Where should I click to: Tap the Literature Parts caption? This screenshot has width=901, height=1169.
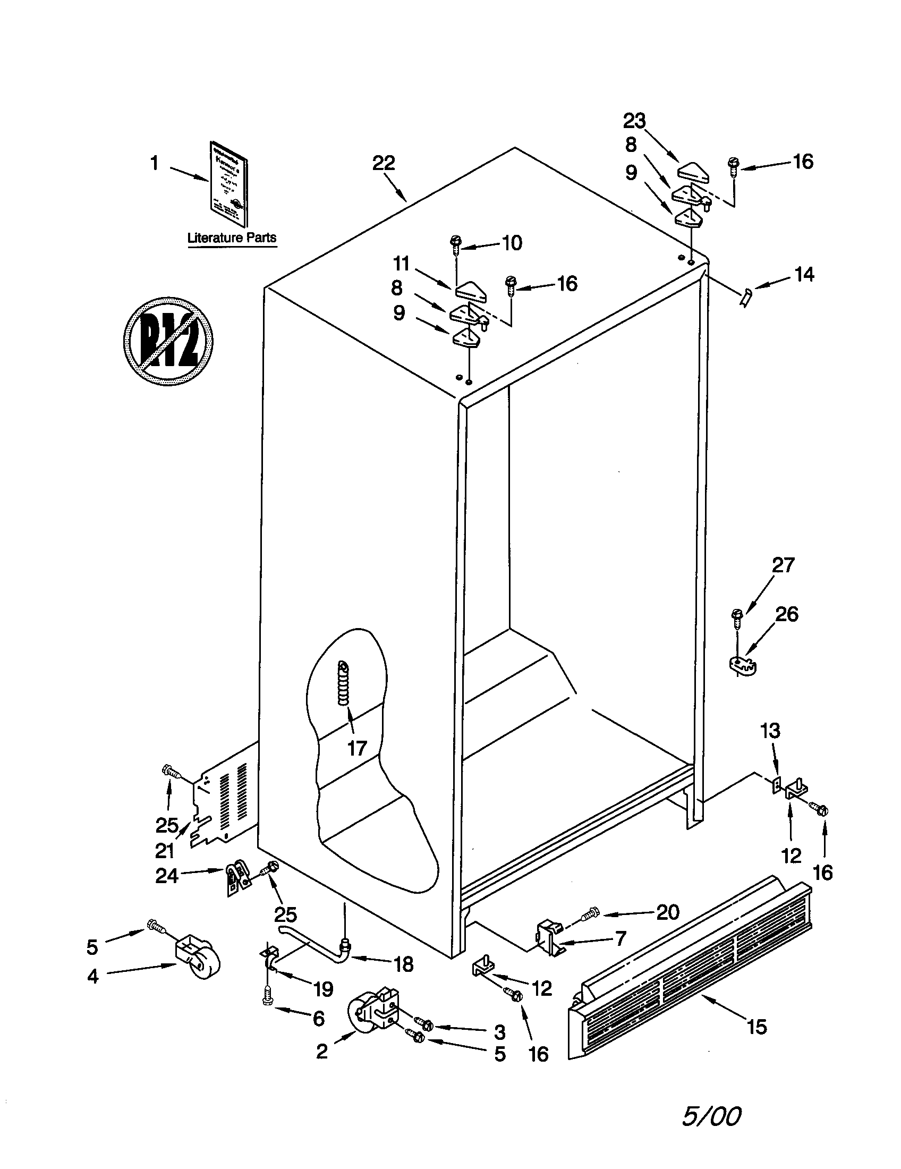click(232, 238)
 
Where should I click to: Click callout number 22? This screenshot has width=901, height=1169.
click(384, 163)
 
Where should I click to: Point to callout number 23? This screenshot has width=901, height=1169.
click(634, 121)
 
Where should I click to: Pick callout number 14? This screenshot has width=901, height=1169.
click(804, 275)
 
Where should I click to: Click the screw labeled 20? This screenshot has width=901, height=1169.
click(592, 912)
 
